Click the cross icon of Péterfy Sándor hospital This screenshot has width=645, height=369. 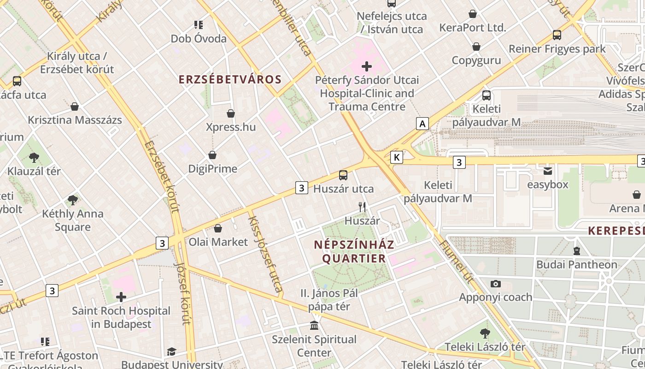point(367,66)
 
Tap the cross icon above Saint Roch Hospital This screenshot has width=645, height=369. point(121,297)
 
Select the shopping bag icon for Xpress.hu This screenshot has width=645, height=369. point(231,113)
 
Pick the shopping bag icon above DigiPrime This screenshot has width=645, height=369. point(212,155)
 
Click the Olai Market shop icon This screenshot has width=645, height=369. point(218,228)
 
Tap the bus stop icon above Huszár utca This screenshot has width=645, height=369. point(343,175)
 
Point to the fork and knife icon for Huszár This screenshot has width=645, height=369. point(362,207)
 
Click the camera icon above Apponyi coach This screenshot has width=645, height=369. point(496,284)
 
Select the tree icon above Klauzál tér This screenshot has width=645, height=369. point(34,158)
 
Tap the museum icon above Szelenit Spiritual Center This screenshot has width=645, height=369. point(314,326)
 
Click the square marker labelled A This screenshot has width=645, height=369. point(422,124)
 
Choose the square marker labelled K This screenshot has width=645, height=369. point(396,157)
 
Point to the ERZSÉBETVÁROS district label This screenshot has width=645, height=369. point(230,79)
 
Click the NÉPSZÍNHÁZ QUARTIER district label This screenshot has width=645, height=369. point(354,251)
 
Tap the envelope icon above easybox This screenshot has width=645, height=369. point(548,171)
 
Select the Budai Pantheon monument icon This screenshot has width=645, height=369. point(577,251)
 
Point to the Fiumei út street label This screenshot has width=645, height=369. point(460,262)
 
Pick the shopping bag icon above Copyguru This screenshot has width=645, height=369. point(476,47)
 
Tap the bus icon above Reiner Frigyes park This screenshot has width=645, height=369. point(557,35)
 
